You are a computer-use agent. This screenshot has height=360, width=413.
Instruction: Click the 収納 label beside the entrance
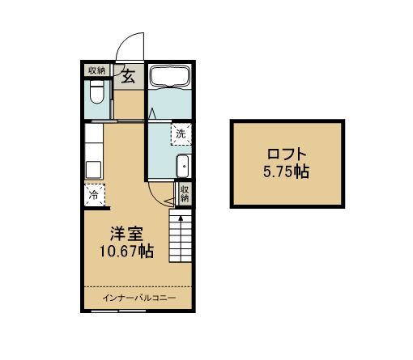click(x=96, y=70)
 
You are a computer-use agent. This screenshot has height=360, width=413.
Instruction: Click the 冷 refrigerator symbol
click(x=94, y=194)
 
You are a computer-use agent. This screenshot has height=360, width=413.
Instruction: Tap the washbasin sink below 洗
click(x=182, y=167)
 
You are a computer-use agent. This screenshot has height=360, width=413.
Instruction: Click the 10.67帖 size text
click(x=127, y=252)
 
